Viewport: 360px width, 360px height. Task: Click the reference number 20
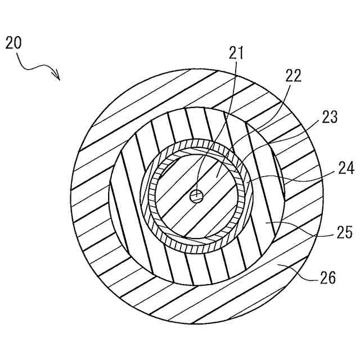tap(15, 43)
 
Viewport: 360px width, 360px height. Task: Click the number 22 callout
tap(294, 75)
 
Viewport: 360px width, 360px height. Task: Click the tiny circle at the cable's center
tap(196, 196)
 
